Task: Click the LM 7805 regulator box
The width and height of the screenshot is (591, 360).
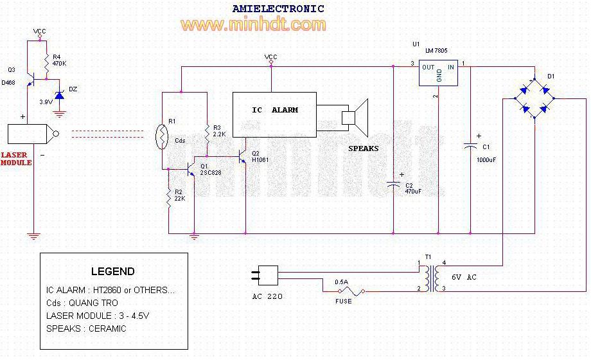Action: coord(438,73)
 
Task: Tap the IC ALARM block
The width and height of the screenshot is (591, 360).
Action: coord(274,114)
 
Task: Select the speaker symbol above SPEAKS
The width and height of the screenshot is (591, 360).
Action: coord(355,118)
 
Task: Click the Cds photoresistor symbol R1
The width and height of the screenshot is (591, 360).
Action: coord(162,137)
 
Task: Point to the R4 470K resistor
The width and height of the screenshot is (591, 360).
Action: coord(46,64)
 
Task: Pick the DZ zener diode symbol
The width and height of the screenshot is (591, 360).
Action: coord(59,94)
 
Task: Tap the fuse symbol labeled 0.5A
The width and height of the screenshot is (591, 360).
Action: coord(351,291)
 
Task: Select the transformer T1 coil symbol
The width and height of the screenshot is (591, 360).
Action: coord(432,278)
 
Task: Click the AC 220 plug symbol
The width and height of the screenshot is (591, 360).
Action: coord(265,275)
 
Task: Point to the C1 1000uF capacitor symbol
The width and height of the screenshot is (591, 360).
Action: coord(470,146)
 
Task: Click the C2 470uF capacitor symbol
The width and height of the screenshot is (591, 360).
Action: coord(393,184)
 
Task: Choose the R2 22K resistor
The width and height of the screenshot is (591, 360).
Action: coord(169,198)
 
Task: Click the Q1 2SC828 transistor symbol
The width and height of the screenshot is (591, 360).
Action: coord(190,170)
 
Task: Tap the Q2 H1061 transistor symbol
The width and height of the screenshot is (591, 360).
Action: coord(242,156)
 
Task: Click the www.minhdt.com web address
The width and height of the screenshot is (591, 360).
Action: coord(253,24)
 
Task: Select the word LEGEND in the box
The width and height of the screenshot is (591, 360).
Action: coord(112,271)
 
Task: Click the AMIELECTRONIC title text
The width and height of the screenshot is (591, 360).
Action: coord(278,8)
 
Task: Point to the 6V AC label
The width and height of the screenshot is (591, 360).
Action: coord(464,277)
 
